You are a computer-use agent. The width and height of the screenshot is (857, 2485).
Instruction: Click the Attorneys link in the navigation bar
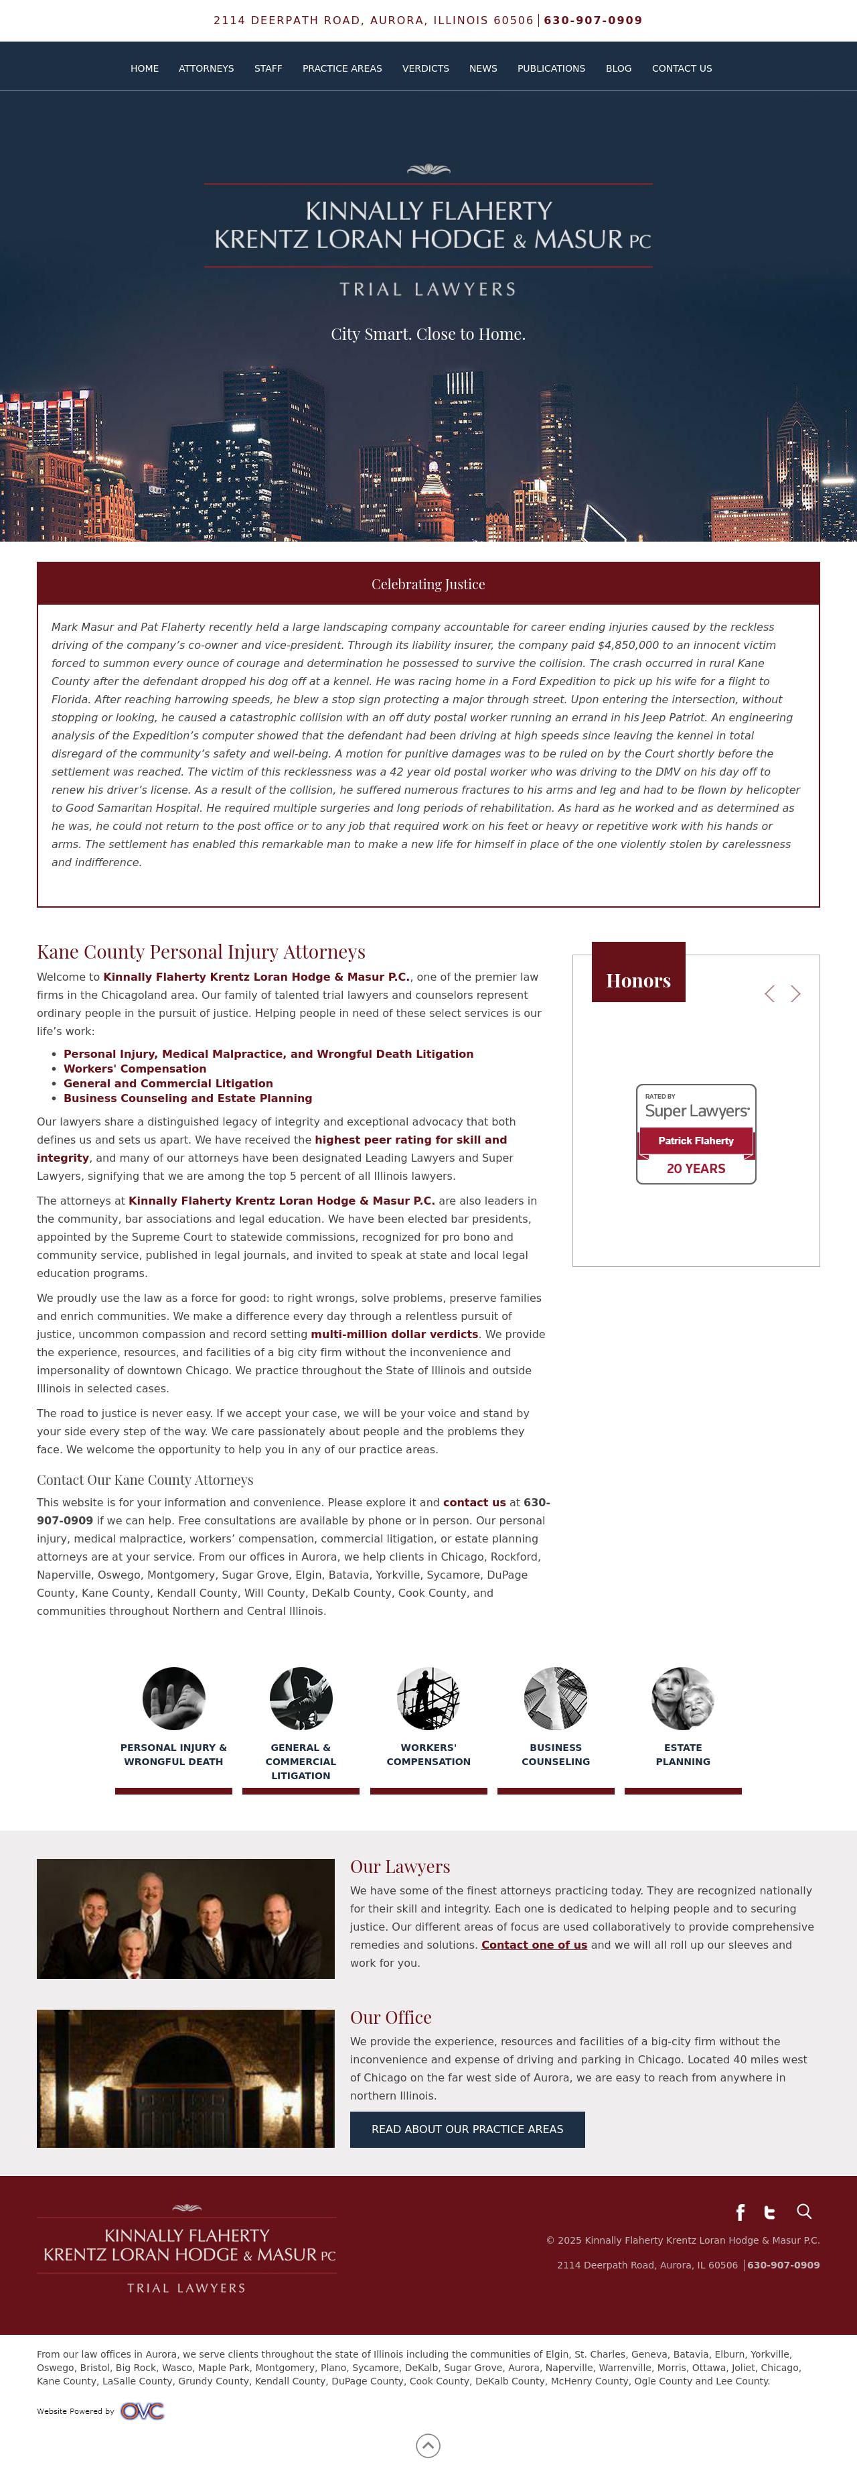(x=206, y=68)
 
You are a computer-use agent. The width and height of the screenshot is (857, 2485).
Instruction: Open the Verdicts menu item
(x=425, y=68)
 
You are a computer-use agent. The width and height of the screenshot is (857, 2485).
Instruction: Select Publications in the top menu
(x=550, y=68)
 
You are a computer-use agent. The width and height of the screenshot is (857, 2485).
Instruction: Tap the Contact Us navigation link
(x=682, y=68)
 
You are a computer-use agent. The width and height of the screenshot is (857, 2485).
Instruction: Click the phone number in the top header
(x=593, y=20)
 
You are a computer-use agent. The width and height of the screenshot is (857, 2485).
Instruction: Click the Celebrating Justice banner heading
(x=428, y=585)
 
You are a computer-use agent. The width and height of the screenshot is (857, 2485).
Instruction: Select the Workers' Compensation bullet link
(x=135, y=1069)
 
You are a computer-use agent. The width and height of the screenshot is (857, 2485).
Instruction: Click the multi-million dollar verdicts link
(x=394, y=1334)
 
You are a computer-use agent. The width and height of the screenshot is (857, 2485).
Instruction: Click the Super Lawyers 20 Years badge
(x=696, y=1134)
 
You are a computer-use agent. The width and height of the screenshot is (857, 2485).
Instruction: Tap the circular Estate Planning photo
(x=682, y=1699)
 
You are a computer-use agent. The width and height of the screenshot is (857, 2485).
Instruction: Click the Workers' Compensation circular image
(x=428, y=1699)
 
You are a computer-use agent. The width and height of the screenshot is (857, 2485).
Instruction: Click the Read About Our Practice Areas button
(x=467, y=2129)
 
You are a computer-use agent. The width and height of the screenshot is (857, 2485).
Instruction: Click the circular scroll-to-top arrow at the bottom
(x=428, y=2445)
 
